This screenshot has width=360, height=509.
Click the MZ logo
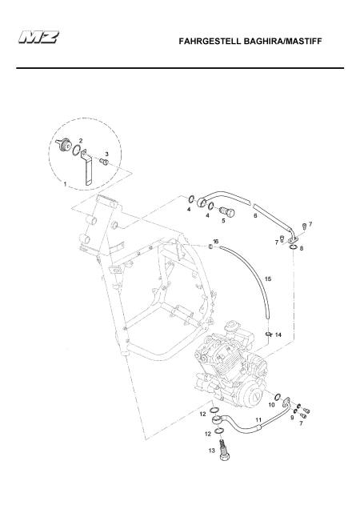click(39, 37)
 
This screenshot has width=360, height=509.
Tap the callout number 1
click(65, 184)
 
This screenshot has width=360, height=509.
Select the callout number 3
click(106, 154)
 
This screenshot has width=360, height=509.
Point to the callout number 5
click(223, 221)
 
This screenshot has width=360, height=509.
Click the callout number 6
click(255, 215)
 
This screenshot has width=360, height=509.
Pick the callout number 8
click(302, 248)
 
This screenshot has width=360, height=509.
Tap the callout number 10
click(272, 405)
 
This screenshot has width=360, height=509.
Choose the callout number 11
click(258, 419)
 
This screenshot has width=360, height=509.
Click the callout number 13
click(212, 451)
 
